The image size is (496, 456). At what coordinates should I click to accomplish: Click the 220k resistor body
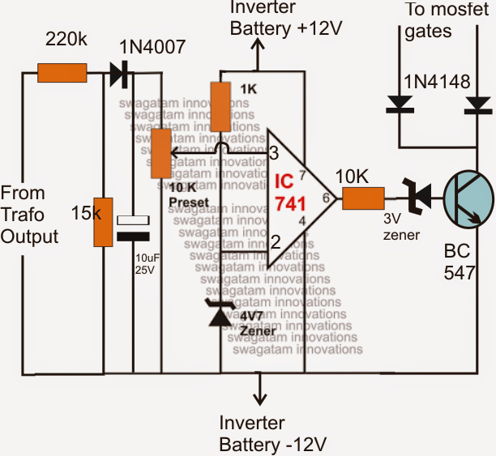[62, 74]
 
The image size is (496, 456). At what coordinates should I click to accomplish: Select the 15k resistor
[103, 221]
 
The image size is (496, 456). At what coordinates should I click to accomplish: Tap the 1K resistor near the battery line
[220, 106]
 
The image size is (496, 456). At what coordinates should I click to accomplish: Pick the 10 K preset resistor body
[160, 152]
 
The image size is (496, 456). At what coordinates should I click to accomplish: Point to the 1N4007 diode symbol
[120, 75]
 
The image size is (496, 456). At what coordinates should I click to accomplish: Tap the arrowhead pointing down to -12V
[259, 398]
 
